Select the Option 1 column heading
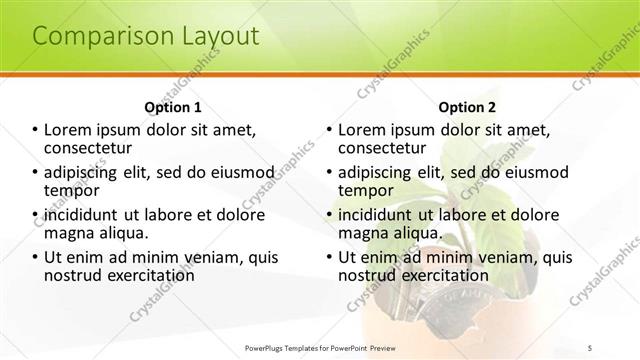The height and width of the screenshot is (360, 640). [172, 107]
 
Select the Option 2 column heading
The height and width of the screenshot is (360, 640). [466, 107]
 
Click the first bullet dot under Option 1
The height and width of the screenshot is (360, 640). [35, 130]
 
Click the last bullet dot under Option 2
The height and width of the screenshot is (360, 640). [329, 258]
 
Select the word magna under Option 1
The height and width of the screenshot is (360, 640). [69, 233]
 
